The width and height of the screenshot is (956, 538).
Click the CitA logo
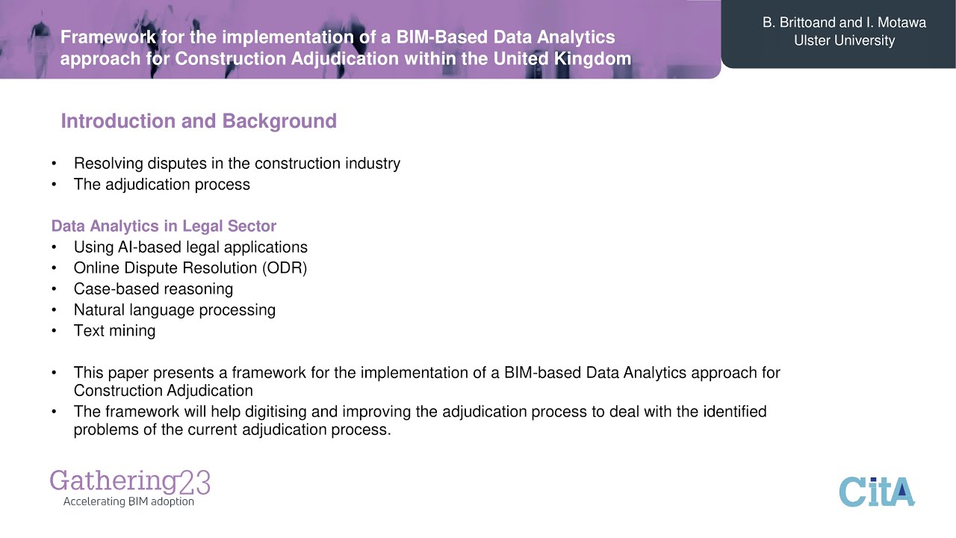(877, 492)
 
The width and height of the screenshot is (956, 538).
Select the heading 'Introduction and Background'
(199, 121)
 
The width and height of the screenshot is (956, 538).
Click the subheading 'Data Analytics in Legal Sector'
(164, 226)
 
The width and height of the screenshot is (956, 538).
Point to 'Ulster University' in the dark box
(844, 40)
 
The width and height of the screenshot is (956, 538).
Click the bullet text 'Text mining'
(114, 330)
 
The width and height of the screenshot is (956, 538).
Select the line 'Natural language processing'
(174, 309)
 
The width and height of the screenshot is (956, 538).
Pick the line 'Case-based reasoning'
(153, 288)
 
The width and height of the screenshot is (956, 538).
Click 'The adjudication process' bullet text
(161, 184)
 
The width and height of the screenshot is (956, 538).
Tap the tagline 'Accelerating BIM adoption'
(128, 501)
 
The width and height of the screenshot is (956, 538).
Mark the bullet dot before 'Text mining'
(54, 331)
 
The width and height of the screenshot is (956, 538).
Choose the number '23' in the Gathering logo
(194, 482)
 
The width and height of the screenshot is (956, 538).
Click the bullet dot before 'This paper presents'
(54, 373)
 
